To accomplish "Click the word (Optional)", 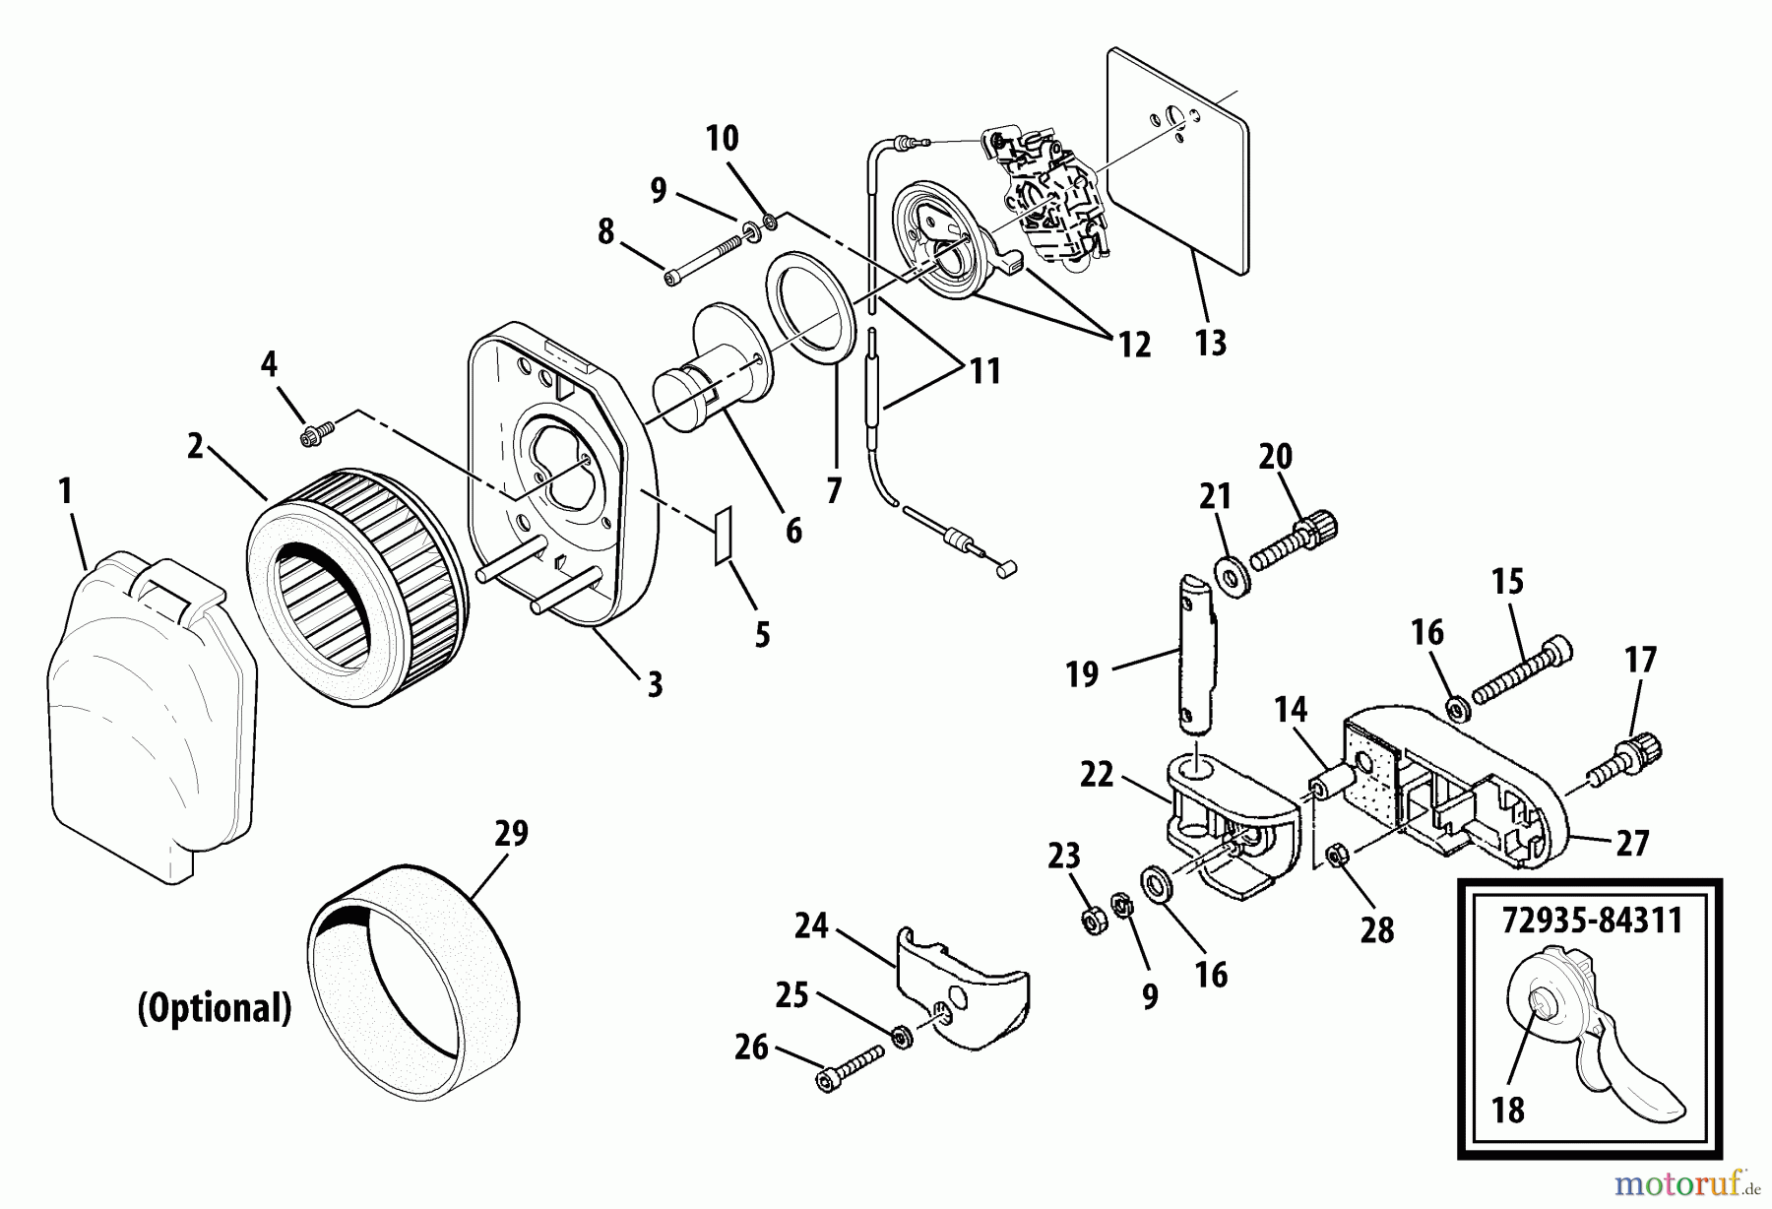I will click(x=215, y=1008).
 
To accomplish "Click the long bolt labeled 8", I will click(x=704, y=262).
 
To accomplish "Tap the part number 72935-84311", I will click(x=1591, y=922).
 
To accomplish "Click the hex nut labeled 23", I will click(x=1092, y=922).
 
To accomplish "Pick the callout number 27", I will click(x=1632, y=844).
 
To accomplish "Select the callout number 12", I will click(x=1133, y=346).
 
